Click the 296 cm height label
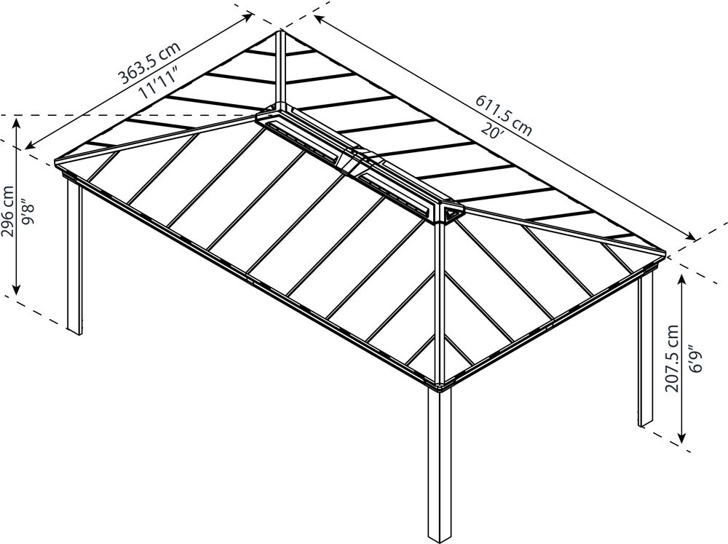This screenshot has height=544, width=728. (x=7, y=211)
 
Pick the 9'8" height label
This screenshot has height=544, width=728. (x=30, y=212)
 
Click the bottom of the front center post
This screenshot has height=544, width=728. (x=439, y=540)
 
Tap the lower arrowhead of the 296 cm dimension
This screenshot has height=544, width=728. (x=17, y=289)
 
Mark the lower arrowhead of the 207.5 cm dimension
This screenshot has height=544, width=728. (x=682, y=438)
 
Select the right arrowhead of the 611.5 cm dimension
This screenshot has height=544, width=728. (x=692, y=237)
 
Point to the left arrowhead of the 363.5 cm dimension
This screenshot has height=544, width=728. (x=30, y=146)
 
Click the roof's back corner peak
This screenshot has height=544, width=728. (x=280, y=31)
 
